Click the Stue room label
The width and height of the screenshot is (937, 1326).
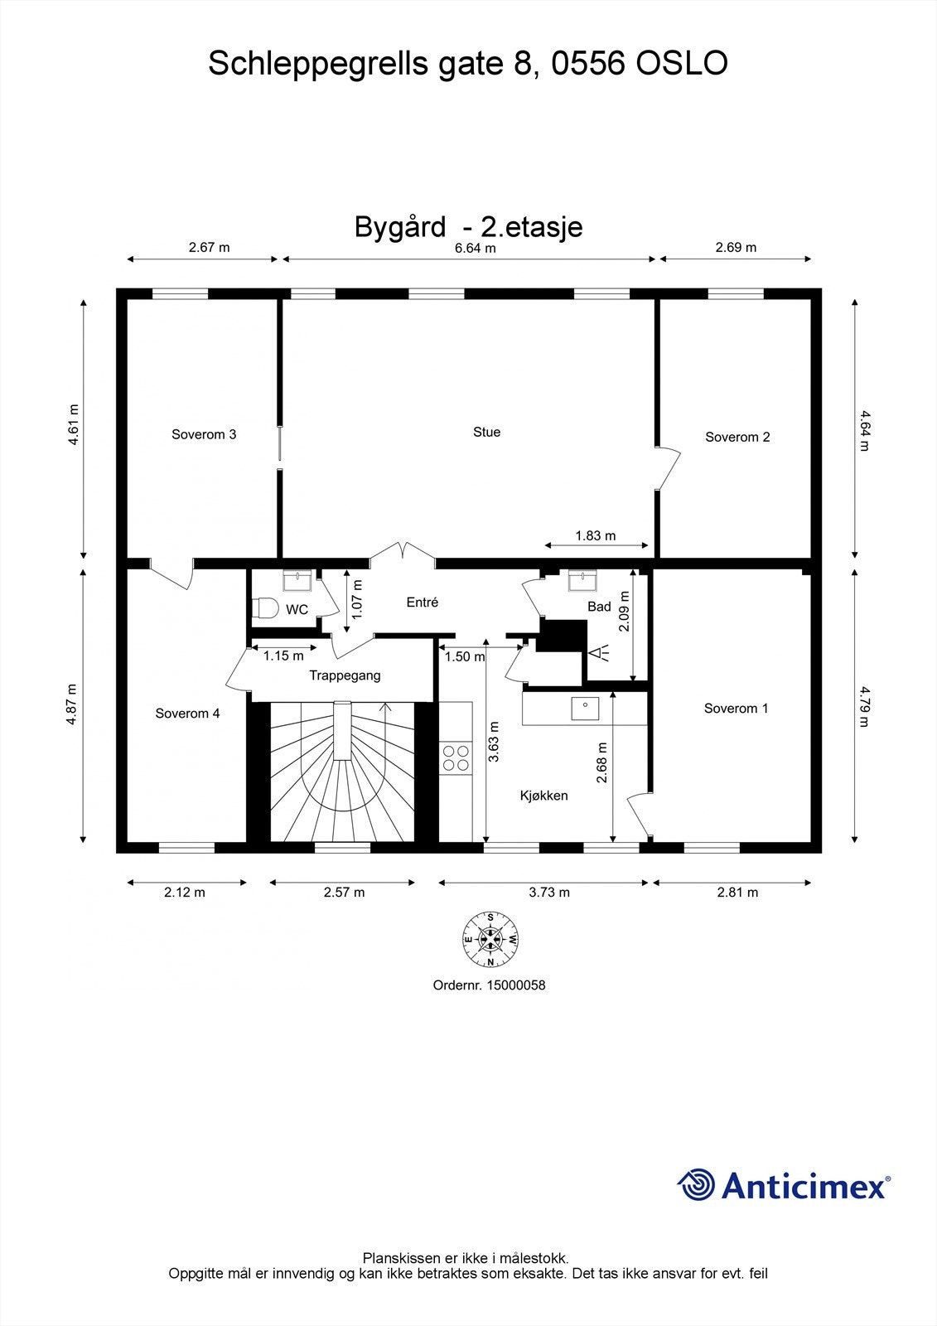pyautogui.click(x=486, y=432)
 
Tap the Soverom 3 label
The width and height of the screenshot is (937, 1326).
pyautogui.click(x=204, y=434)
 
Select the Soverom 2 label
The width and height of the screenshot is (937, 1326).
pyautogui.click(x=737, y=437)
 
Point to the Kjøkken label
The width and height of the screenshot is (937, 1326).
pyautogui.click(x=543, y=796)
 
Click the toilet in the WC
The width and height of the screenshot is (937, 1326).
pyautogui.click(x=266, y=608)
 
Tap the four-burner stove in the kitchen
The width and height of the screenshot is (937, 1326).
pyautogui.click(x=455, y=757)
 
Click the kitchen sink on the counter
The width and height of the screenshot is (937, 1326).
pyautogui.click(x=585, y=707)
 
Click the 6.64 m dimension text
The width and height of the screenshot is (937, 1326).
pyautogui.click(x=475, y=248)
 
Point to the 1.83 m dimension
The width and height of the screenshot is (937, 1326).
pyautogui.click(x=596, y=535)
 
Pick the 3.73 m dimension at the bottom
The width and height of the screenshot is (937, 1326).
pyautogui.click(x=549, y=892)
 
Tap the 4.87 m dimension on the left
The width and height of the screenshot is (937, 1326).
pyautogui.click(x=72, y=704)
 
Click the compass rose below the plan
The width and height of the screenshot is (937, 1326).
pyautogui.click(x=490, y=939)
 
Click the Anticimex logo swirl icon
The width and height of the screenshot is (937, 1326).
pyautogui.click(x=696, y=1184)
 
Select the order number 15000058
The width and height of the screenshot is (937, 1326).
pyautogui.click(x=516, y=985)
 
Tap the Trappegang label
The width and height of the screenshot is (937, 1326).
pyautogui.click(x=345, y=675)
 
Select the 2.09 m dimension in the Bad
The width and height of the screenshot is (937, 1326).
pyautogui.click(x=624, y=611)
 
